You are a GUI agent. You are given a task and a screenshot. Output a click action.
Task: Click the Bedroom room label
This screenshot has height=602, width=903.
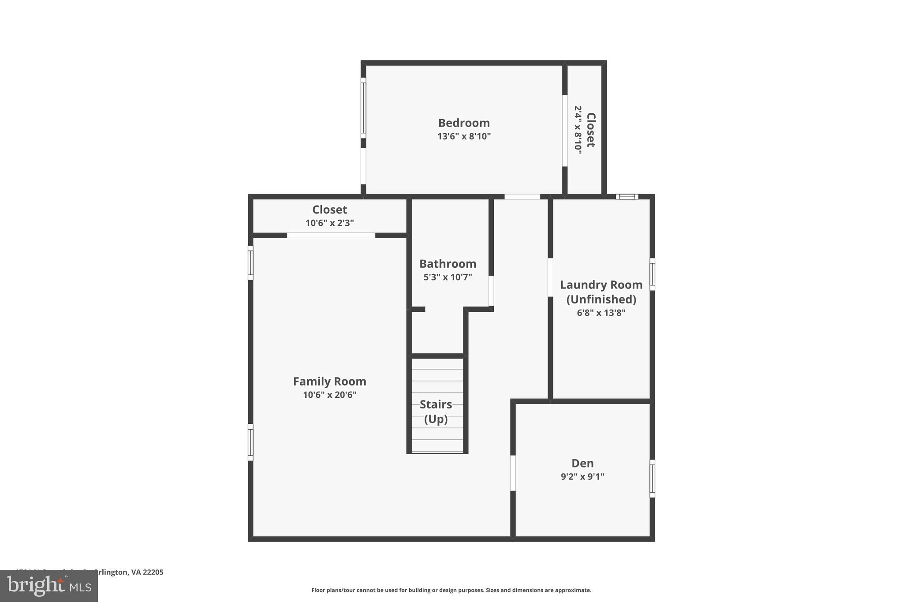point(464,123)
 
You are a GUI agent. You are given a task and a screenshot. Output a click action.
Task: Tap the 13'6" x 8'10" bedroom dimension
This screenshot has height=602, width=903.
point(464,136)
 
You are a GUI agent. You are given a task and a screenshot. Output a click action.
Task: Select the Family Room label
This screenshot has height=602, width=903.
point(329,381)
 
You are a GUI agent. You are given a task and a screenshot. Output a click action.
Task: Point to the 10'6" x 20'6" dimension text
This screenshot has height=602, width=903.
point(329,395)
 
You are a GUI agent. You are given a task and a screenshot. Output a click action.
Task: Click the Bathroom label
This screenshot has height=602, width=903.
point(448,264)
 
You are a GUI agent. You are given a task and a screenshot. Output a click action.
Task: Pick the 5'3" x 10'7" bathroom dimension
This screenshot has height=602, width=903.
point(448,277)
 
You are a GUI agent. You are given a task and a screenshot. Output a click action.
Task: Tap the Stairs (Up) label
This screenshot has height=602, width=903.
point(436,411)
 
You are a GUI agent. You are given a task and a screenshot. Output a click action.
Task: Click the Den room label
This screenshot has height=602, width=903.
point(582,463)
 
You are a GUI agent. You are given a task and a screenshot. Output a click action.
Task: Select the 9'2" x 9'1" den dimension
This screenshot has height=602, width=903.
point(582,477)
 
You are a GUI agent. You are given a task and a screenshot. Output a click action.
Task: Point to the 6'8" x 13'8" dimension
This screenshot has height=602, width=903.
point(601,313)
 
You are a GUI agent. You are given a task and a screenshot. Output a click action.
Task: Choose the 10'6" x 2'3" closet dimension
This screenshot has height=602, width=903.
point(329,223)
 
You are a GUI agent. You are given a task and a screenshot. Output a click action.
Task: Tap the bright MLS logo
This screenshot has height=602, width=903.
point(49,586)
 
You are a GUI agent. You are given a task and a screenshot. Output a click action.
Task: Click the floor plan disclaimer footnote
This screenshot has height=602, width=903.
point(451,590)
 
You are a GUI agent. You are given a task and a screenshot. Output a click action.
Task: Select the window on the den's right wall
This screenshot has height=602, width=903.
point(652,479)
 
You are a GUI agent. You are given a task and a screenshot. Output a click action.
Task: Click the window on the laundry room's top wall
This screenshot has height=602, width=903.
point(627,197)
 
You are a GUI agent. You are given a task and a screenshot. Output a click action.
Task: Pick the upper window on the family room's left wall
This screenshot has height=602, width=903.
point(250,262)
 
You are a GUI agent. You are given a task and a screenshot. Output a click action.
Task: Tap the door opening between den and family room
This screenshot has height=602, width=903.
point(513,473)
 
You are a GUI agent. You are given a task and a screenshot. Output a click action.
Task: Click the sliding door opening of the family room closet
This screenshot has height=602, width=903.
point(331,236)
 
